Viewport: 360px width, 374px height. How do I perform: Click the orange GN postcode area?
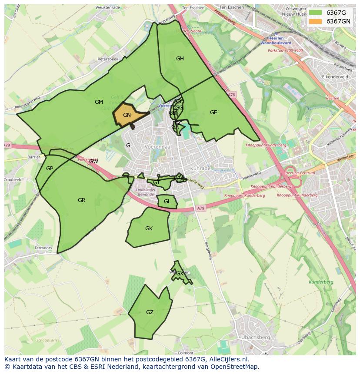click(x=127, y=115)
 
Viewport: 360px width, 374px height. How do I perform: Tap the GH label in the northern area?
click(x=180, y=59)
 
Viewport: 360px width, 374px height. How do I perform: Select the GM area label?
click(x=99, y=102)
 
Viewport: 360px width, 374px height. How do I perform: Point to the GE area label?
click(x=213, y=113)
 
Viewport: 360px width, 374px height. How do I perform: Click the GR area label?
click(x=81, y=200)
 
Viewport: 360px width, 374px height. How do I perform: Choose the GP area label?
click(x=50, y=169)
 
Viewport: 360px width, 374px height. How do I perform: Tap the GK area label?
click(x=149, y=228)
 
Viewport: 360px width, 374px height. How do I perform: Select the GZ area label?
click(x=150, y=312)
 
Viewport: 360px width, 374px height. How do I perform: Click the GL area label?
click(x=167, y=202)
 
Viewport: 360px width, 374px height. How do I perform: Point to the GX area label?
click(x=180, y=274)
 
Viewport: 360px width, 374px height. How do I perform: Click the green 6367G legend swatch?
click(x=315, y=13)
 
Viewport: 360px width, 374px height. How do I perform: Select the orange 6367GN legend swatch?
click(x=315, y=21)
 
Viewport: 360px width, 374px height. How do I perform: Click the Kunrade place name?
click(x=200, y=168)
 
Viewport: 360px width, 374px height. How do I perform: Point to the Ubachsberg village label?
click(x=255, y=338)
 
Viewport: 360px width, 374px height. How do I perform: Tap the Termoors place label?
click(x=43, y=248)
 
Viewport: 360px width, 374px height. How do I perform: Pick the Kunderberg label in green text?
click(x=321, y=282)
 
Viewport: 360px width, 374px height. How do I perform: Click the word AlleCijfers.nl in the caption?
click(x=227, y=359)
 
